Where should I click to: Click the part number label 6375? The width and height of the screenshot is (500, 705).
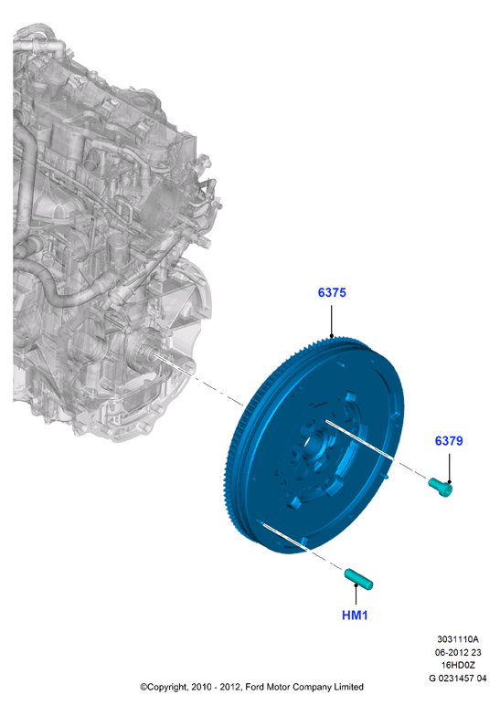332,293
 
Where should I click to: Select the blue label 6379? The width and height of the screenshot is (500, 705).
449,441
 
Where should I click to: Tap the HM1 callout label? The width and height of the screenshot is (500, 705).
355,616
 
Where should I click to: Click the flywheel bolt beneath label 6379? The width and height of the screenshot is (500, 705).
440,488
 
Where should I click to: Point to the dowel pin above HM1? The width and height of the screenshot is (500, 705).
358,579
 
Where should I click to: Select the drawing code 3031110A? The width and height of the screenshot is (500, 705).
458,639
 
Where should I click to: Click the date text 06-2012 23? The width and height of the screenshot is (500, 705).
458,652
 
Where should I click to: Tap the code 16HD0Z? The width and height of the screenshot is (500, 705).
458,665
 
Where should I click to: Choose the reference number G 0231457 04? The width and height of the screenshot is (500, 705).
458,678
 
